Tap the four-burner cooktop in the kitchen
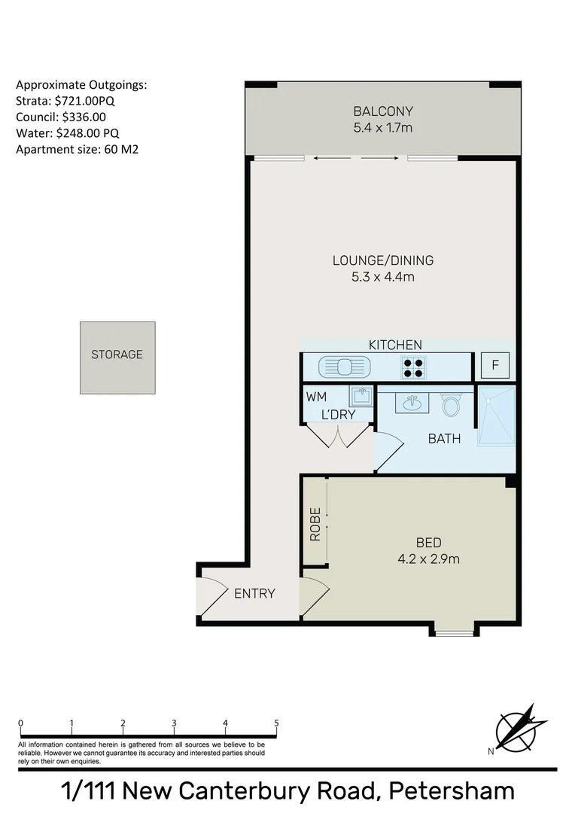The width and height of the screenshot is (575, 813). [412, 367]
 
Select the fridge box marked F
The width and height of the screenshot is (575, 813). [495, 366]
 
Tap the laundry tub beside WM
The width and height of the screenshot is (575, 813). [361, 397]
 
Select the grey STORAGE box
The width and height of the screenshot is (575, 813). [117, 358]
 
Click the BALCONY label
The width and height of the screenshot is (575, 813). [383, 111]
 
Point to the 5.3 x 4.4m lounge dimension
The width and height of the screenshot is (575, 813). [383, 277]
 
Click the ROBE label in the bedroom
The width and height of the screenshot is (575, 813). [315, 525]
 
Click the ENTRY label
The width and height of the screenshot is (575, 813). [254, 593]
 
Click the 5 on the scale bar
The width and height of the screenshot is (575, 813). [277, 723]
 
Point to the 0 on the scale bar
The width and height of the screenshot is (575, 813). [20, 723]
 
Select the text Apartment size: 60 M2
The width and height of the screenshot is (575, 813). [77, 149]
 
